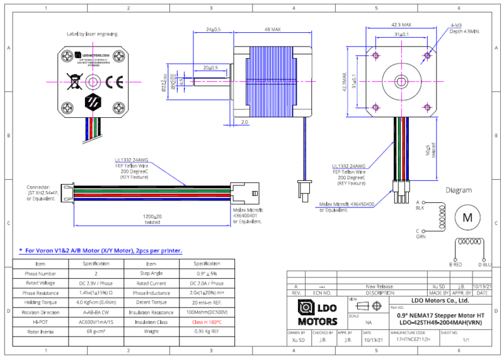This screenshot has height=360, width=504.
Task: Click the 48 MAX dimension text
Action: tap(272, 30)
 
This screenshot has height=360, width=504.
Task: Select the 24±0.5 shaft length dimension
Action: tap(213, 30)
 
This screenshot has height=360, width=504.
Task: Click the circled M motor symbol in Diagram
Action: tap(467, 217)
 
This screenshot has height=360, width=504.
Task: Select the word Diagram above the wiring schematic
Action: tap(459, 190)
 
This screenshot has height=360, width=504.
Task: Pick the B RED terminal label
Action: tap(455, 264)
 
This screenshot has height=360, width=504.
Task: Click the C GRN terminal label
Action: tap(420, 235)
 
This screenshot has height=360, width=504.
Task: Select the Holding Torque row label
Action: tap(40, 303)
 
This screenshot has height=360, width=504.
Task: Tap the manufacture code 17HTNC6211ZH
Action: tap(413, 339)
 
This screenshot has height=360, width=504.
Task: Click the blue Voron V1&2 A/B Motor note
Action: tap(101, 250)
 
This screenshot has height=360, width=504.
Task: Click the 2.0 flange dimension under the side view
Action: tap(244, 123)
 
